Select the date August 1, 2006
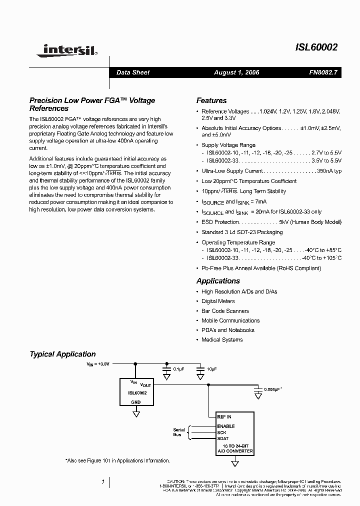coord(236,72)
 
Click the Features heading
coord(211,100)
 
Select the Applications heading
coord(218,281)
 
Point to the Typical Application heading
coord(62,354)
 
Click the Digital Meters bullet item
coord(218,301)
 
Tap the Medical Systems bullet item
coord(221,340)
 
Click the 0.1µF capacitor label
coord(178,368)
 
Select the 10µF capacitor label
coord(211,368)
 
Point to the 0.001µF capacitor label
coord(273,389)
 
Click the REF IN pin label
coord(224,416)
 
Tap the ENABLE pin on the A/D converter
coord(225,426)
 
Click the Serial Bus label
coord(178,432)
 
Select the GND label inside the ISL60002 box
coord(136,401)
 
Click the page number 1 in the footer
coord(102,481)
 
